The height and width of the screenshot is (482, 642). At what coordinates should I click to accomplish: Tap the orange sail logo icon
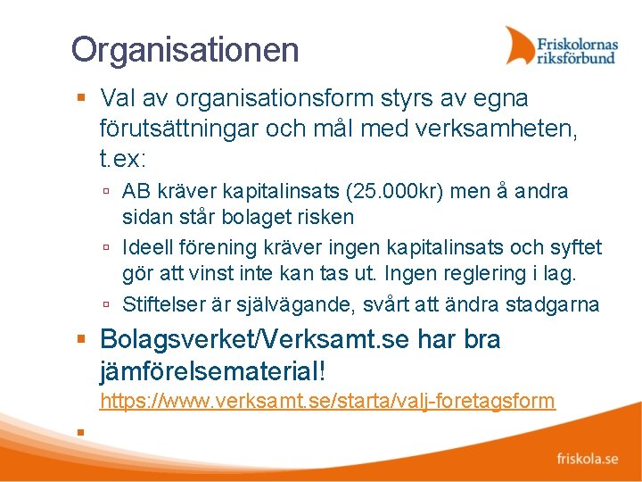click(521, 46)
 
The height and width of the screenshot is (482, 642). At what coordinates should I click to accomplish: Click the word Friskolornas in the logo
click(576, 41)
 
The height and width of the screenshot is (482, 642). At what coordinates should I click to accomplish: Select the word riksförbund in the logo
click(575, 58)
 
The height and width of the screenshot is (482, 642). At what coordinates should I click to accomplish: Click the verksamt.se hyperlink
click(327, 401)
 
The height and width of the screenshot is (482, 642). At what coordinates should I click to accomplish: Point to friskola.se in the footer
click(587, 460)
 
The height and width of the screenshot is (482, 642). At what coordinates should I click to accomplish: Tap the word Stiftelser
click(163, 304)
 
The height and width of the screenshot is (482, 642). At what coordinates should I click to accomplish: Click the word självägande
click(300, 304)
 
